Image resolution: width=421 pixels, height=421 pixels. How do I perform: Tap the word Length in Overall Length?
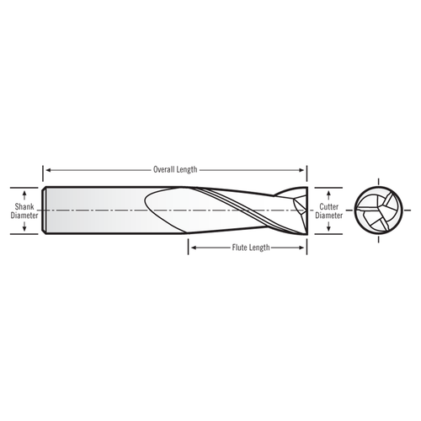pyautogui.click(x=187, y=169)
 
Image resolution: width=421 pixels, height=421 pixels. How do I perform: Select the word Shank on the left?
pyautogui.click(x=25, y=205)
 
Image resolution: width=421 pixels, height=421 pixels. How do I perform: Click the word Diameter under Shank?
pyautogui.click(x=25, y=214)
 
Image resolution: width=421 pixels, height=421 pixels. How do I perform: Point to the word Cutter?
pyautogui.click(x=328, y=205)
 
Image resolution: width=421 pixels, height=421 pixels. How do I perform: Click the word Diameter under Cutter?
pyautogui.click(x=328, y=214)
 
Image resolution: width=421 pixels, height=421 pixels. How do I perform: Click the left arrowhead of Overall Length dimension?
pyautogui.click(x=47, y=169)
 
